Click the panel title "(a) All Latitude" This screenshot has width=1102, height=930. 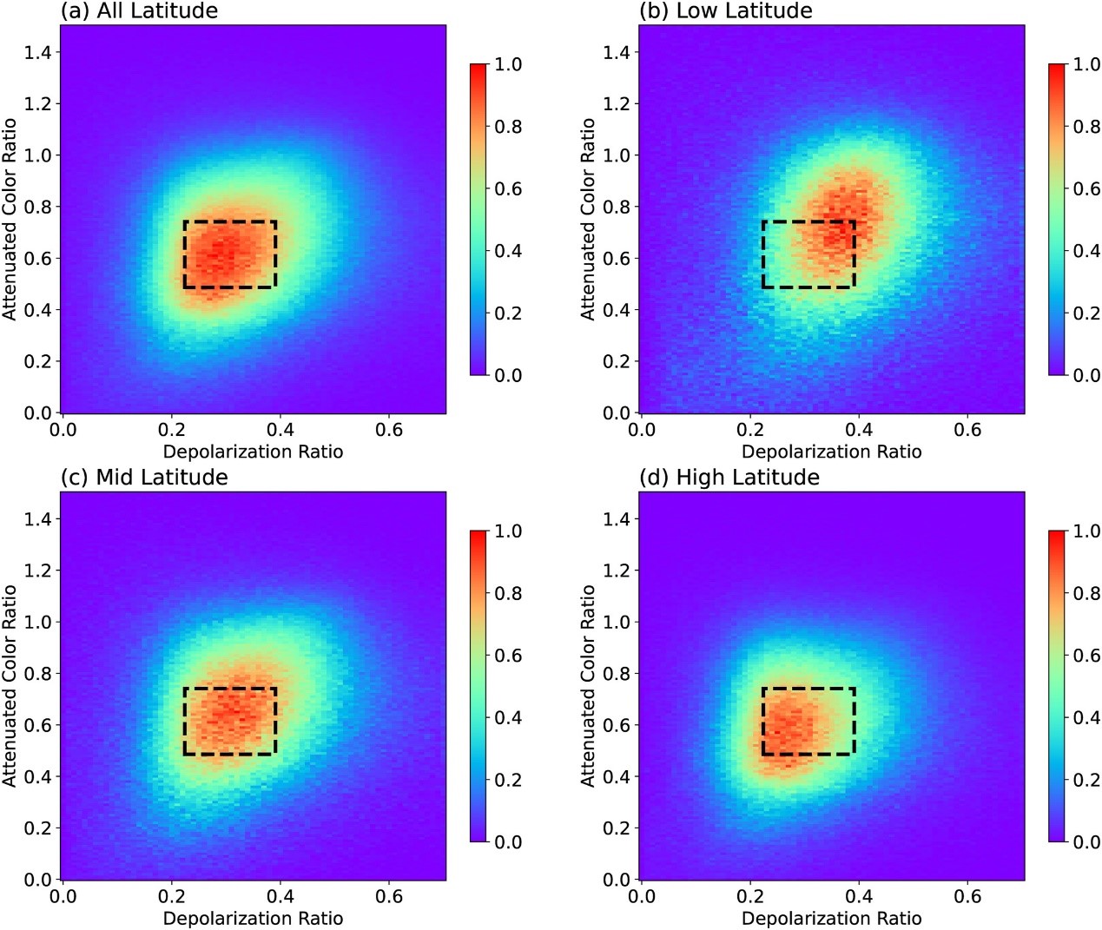tap(139, 11)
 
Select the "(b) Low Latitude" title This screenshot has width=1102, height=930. tap(726, 11)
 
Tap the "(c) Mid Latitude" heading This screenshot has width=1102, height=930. tap(144, 478)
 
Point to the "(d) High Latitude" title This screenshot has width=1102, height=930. tap(729, 478)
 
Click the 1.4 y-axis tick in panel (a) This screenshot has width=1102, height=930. tap(37, 52)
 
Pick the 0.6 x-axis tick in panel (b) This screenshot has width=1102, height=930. tap(967, 430)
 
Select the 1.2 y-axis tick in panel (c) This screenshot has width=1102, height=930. tap(37, 571)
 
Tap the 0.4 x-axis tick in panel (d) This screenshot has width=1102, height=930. tap(859, 896)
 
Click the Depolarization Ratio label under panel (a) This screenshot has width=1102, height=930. tap(253, 452)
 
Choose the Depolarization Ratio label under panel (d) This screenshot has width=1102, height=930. tap(831, 918)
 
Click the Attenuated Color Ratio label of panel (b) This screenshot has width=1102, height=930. tap(588, 219)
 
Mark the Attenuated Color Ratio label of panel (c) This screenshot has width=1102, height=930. tap(10, 686)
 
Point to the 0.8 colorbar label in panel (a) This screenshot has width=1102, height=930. tap(508, 127)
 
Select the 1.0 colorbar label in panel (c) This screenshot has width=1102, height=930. tap(508, 531)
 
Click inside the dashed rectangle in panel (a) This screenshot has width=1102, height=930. tap(230, 254)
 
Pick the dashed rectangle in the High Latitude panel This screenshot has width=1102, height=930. tap(808, 721)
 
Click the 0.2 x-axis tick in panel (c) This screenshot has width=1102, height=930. tap(171, 896)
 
